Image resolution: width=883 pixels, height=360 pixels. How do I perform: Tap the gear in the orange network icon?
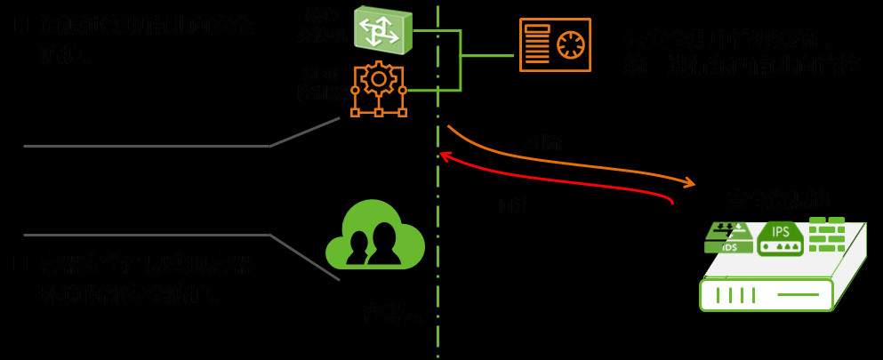click(379, 80)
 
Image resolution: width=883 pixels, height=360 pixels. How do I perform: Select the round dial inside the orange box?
click(570, 44)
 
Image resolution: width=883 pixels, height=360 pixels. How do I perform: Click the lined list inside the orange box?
click(537, 44)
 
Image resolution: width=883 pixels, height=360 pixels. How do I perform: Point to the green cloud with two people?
click(374, 235)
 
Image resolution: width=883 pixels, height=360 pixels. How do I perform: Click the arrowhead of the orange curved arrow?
click(690, 184)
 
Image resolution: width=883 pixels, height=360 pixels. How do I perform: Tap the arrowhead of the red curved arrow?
click(446, 156)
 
